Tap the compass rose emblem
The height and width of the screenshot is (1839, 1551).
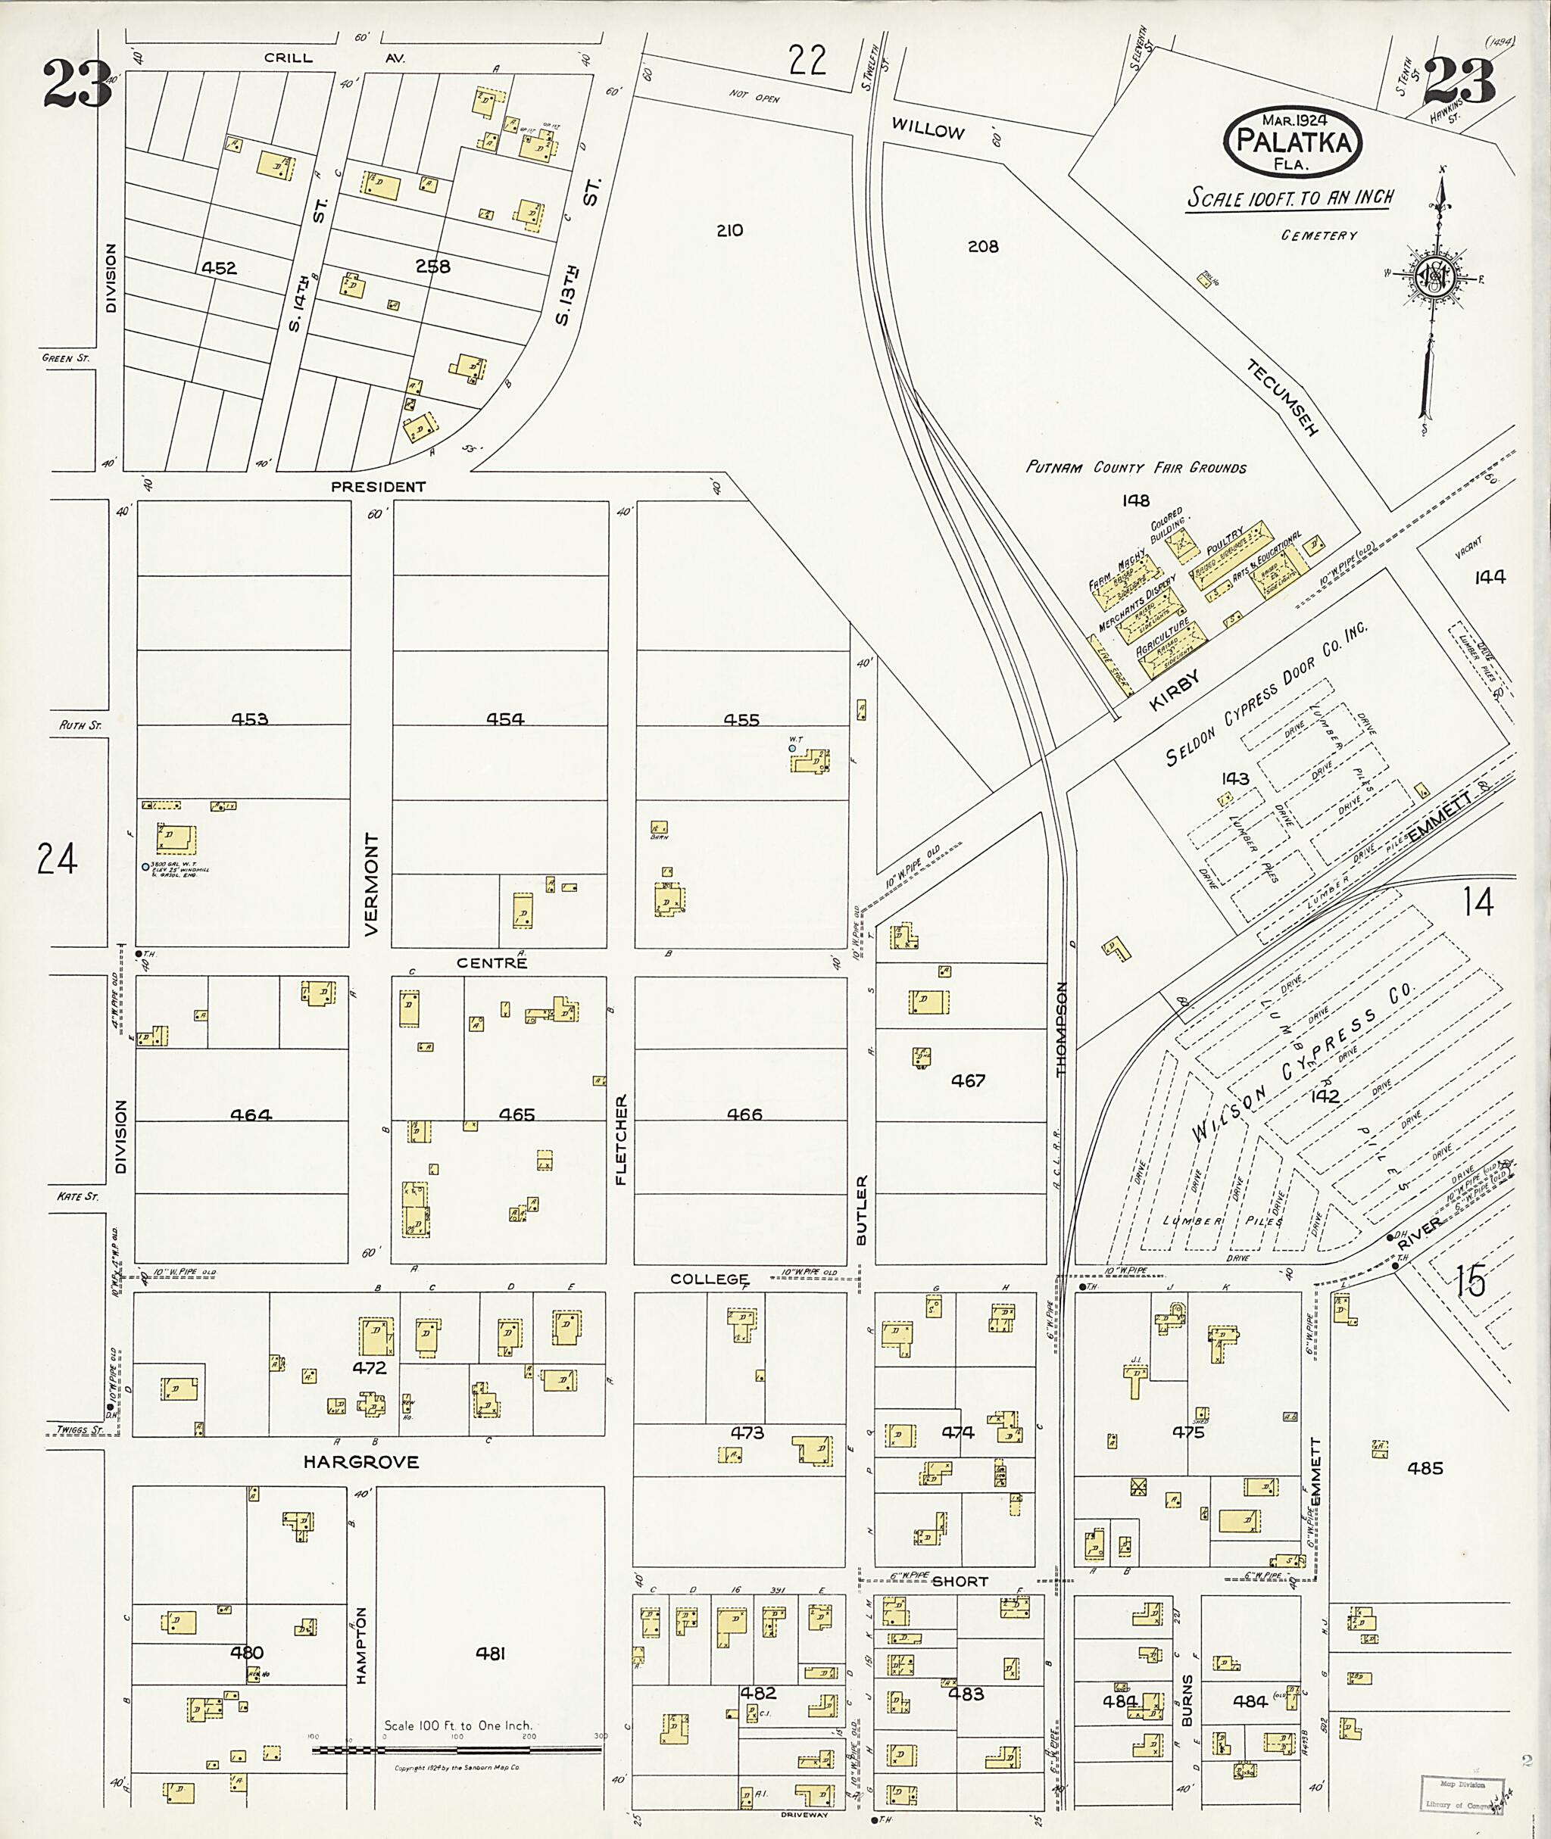(1433, 278)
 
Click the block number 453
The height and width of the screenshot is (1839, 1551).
(250, 719)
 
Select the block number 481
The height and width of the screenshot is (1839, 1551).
(491, 1654)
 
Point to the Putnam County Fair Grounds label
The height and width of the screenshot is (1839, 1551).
(1136, 468)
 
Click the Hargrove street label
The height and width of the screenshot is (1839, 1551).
(361, 1462)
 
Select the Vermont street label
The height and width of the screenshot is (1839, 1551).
(371, 884)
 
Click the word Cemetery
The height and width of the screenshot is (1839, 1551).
(1319, 235)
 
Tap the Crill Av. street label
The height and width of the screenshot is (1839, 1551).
(332, 58)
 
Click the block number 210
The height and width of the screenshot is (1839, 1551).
(729, 230)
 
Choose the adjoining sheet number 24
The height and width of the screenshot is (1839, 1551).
(57, 859)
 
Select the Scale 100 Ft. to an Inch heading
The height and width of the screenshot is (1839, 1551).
(1290, 198)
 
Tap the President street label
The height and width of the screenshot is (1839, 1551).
(378, 486)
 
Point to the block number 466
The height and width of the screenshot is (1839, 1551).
(744, 1114)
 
